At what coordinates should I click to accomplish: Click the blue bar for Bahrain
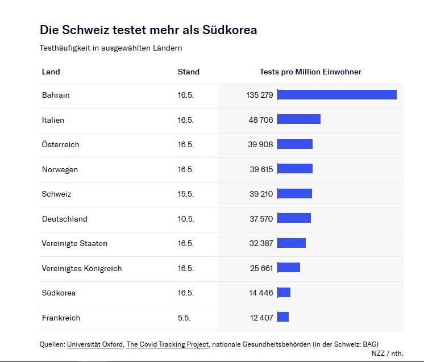(x=336, y=95)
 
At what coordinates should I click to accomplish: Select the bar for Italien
(x=298, y=119)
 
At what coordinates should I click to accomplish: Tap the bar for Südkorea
(x=284, y=293)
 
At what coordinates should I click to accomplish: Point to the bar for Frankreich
(x=283, y=317)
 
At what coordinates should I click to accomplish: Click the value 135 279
(x=260, y=95)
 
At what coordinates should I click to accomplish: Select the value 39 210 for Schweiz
(x=260, y=194)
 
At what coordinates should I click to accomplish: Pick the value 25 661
(x=261, y=268)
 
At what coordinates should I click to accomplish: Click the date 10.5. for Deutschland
(x=185, y=219)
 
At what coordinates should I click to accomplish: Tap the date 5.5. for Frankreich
(x=184, y=318)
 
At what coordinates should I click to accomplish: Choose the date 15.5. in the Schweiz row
(x=185, y=194)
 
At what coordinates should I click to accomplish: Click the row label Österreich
(x=60, y=144)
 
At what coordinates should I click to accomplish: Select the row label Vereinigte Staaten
(x=74, y=243)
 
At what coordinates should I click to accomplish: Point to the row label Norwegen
(x=60, y=169)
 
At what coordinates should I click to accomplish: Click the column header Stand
(x=188, y=72)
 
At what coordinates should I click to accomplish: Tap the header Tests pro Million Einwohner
(x=310, y=72)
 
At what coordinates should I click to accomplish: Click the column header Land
(x=51, y=72)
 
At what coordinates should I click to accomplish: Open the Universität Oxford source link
(x=95, y=344)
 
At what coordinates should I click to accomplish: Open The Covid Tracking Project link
(x=168, y=344)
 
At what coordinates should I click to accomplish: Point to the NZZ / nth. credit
(x=387, y=353)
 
